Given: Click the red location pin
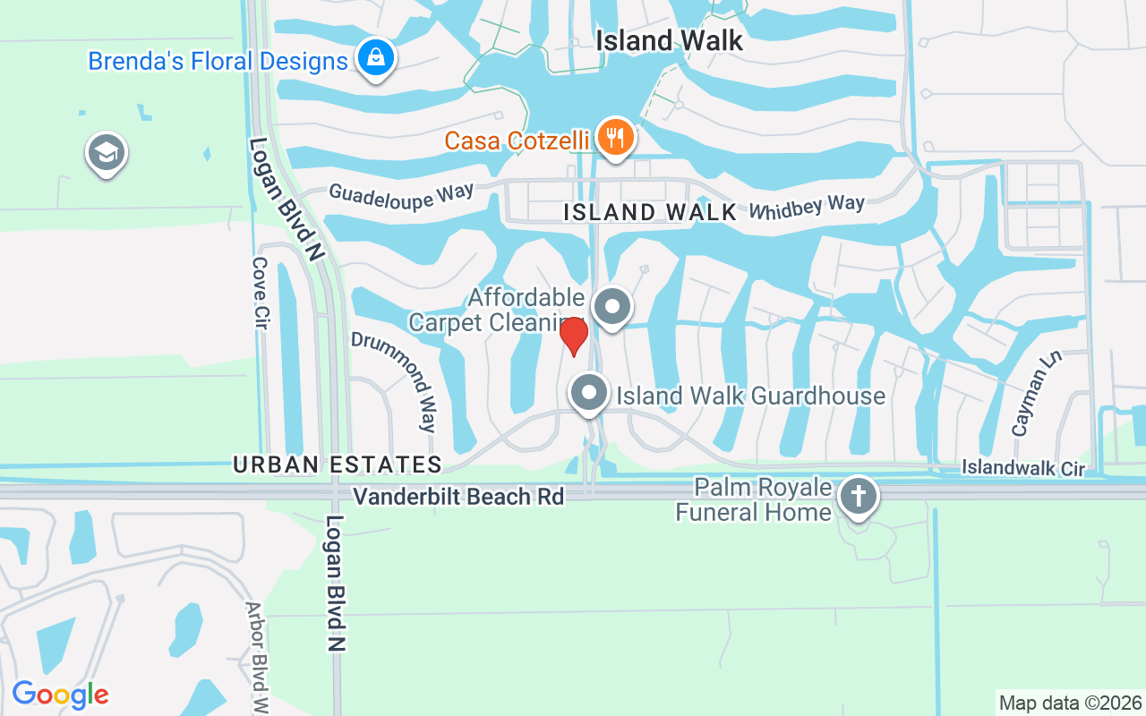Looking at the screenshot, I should tap(574, 336).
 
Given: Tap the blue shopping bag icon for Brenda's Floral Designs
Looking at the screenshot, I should tap(377, 58).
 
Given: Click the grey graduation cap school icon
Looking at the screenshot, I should tap(107, 153).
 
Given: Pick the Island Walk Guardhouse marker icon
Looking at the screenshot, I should tap(589, 393).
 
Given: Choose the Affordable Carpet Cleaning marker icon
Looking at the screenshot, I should tap(613, 307).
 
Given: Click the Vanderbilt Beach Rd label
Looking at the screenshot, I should tap(458, 496).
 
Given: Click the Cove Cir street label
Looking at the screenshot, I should tap(261, 293).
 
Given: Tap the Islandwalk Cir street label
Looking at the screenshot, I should tap(1022, 468).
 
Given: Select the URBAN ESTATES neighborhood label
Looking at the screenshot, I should tap(338, 465).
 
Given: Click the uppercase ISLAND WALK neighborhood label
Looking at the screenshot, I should tap(650, 212).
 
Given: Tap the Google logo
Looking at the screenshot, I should tap(60, 695).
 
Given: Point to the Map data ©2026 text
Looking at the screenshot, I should tap(1070, 703).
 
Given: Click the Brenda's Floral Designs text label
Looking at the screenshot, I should tap(218, 62).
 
